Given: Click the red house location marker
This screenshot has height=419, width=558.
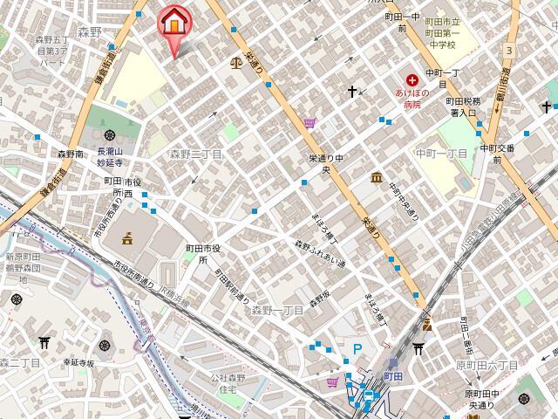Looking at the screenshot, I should (x=174, y=24).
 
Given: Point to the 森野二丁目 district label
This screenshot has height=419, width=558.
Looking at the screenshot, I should (x=195, y=154).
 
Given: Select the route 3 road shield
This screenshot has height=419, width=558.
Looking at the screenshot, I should (x=507, y=52).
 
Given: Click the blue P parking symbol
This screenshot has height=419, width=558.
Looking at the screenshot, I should (x=357, y=348).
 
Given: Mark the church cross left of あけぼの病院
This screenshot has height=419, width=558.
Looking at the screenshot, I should (x=352, y=91).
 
